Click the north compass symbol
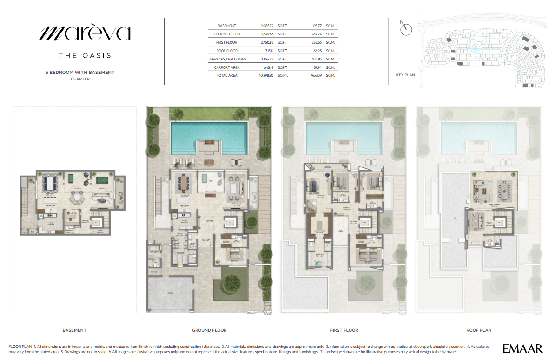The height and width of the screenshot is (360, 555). coord(406,29)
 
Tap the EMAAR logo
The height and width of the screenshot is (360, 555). coord(522,348)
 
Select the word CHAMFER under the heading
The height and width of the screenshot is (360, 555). coord(80,79)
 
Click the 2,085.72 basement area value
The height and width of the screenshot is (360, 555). coord(267,26)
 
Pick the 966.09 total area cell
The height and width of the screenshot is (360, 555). coord(317,75)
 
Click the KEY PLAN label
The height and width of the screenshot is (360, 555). coord(405,74)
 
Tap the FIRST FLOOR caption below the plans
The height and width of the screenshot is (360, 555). coord(344,330)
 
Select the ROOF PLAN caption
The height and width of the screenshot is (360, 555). coord(478,330)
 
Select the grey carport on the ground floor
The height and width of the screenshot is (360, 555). coord(171,293)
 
